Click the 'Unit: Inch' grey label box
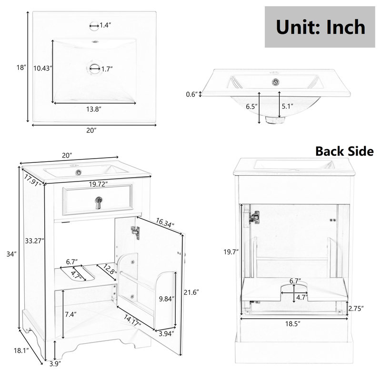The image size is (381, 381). [x=320, y=27]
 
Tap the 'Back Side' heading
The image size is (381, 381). [x=344, y=151]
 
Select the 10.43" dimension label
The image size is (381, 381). [x=43, y=68]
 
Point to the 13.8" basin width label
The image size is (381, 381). [x=93, y=109]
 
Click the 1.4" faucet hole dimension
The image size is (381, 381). [x=105, y=25]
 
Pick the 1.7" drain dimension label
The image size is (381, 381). [x=107, y=69]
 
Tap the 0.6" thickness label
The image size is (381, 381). [x=192, y=94]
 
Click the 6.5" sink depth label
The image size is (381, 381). [x=251, y=106]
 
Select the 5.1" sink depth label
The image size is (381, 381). [x=288, y=106]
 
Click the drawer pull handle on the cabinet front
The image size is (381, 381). [x=99, y=202]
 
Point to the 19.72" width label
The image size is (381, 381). [x=98, y=184]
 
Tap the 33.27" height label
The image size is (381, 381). [x=34, y=241]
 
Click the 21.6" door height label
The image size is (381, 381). [x=191, y=292]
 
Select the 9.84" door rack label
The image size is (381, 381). [x=167, y=299]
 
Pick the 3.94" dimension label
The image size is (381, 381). [x=167, y=334]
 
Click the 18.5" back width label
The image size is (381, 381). [x=293, y=324]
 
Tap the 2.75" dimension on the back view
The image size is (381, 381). [x=356, y=309]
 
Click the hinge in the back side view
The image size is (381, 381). [x=254, y=217]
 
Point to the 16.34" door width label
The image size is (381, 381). [x=165, y=223]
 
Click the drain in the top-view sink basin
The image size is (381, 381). [x=94, y=68]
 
